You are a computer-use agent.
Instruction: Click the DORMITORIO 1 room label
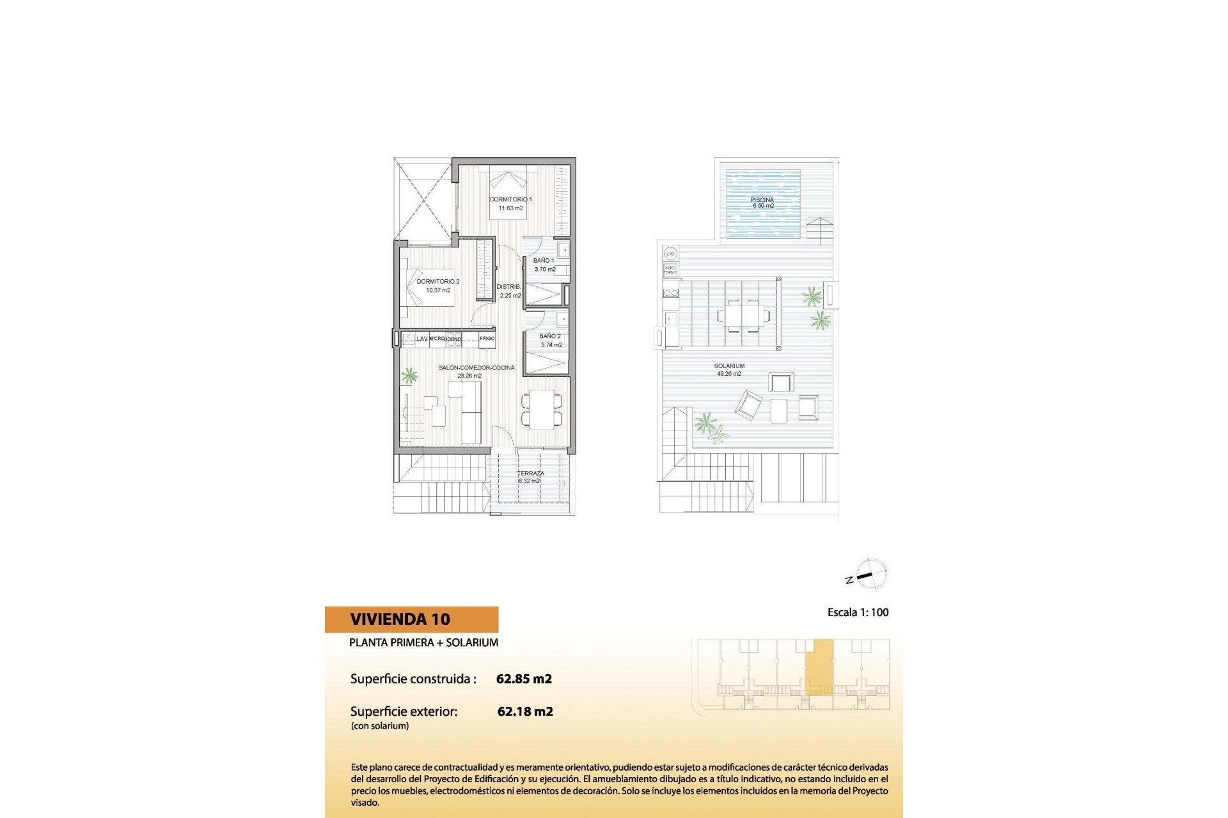510,199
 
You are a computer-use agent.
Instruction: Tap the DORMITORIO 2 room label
438,281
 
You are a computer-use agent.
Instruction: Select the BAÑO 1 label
544,261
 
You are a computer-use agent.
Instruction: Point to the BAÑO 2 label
550,336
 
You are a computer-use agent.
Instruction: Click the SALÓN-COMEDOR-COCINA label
476,368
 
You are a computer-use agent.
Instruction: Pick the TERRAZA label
530,474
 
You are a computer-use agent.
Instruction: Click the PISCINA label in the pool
762,200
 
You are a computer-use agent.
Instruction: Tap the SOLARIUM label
729,366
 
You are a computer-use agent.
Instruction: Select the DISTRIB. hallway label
509,287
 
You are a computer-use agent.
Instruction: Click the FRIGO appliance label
487,339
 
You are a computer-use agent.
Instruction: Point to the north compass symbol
870,574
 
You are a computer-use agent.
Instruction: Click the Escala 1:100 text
858,612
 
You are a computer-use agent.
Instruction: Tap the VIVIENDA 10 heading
400,619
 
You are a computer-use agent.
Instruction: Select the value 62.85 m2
524,679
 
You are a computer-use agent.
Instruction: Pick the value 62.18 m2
525,711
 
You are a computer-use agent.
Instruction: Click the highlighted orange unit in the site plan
819,666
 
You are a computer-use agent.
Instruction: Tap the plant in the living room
409,376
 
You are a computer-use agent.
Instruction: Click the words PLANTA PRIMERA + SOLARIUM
423,642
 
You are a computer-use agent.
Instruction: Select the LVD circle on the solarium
670,254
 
